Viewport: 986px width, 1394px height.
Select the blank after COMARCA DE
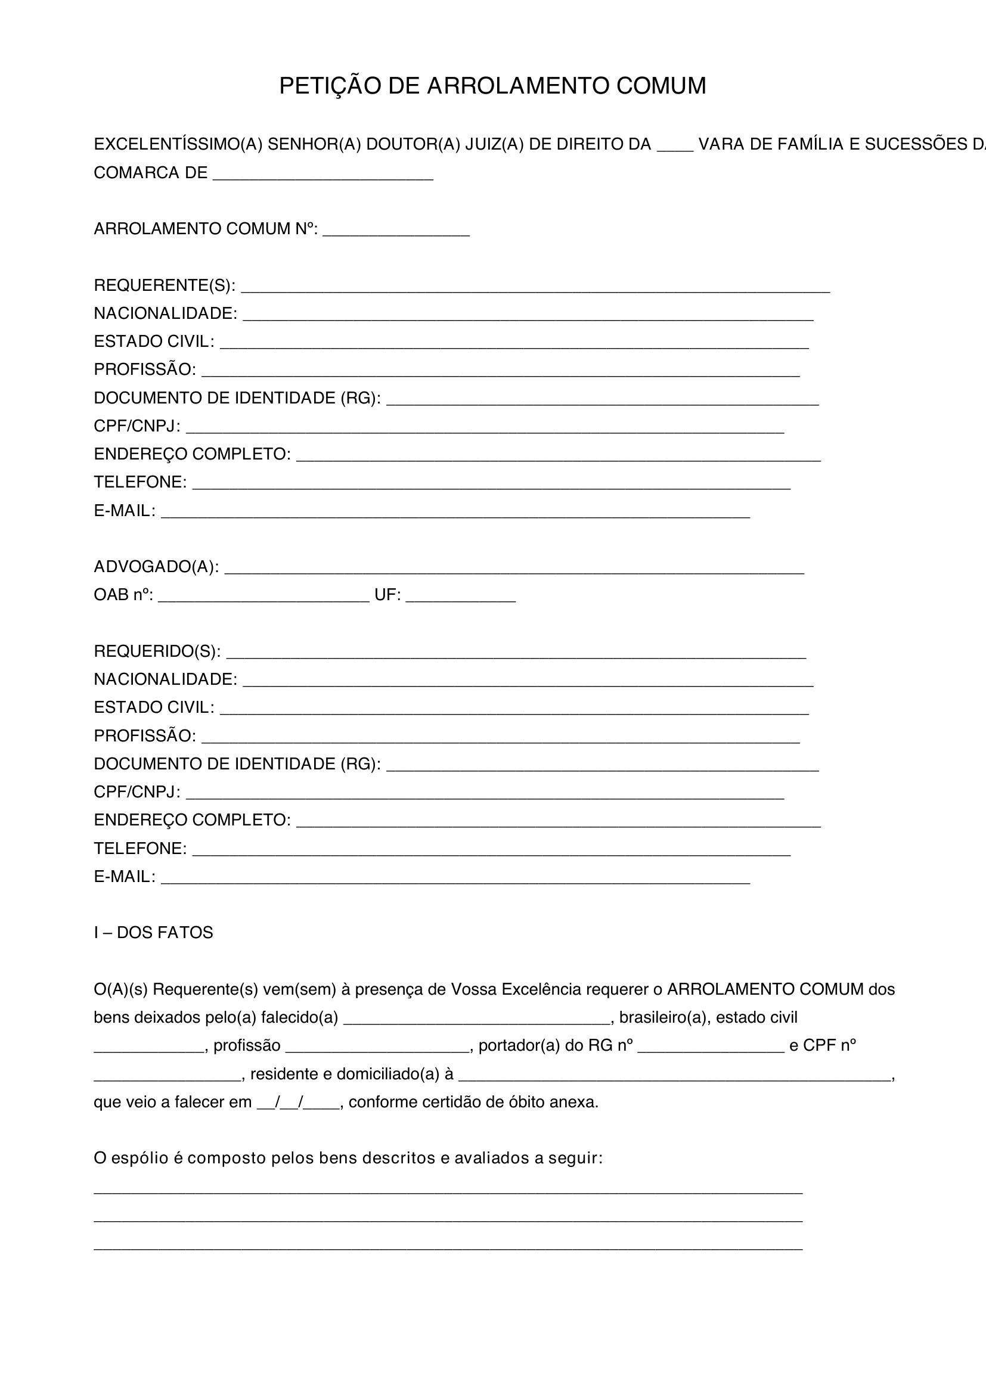tap(323, 174)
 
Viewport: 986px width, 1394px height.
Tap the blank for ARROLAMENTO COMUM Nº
tap(396, 231)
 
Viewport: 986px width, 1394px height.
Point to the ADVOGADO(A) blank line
tap(514, 569)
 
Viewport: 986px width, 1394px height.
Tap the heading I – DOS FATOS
tap(154, 933)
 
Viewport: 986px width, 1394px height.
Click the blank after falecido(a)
tap(477, 1019)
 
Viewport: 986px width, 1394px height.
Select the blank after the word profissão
tap(377, 1047)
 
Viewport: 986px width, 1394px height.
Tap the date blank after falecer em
tap(299, 1103)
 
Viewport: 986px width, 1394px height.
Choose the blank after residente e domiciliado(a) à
tap(674, 1075)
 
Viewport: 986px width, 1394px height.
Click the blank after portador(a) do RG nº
tap(711, 1047)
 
